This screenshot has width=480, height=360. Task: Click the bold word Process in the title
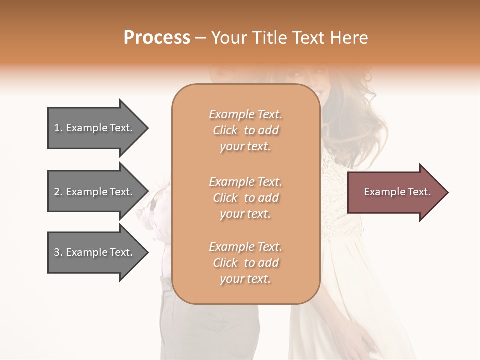pos(157,38)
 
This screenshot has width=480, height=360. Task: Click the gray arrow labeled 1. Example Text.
pos(95,128)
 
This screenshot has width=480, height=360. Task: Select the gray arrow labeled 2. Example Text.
pos(95,192)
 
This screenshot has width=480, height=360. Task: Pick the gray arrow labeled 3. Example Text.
pos(95,252)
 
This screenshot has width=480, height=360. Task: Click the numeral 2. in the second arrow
pos(58,192)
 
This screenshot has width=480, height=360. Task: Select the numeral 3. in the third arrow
pos(58,252)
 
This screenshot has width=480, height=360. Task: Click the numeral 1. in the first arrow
pos(58,128)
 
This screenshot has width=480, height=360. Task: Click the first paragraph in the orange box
pos(245,130)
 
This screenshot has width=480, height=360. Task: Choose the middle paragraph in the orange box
pos(245,198)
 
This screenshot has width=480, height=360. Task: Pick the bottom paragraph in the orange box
pos(245,263)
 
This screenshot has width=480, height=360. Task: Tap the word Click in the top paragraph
pos(225,131)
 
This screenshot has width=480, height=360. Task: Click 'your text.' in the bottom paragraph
pos(245,279)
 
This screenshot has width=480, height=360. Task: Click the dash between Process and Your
pos(201,38)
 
